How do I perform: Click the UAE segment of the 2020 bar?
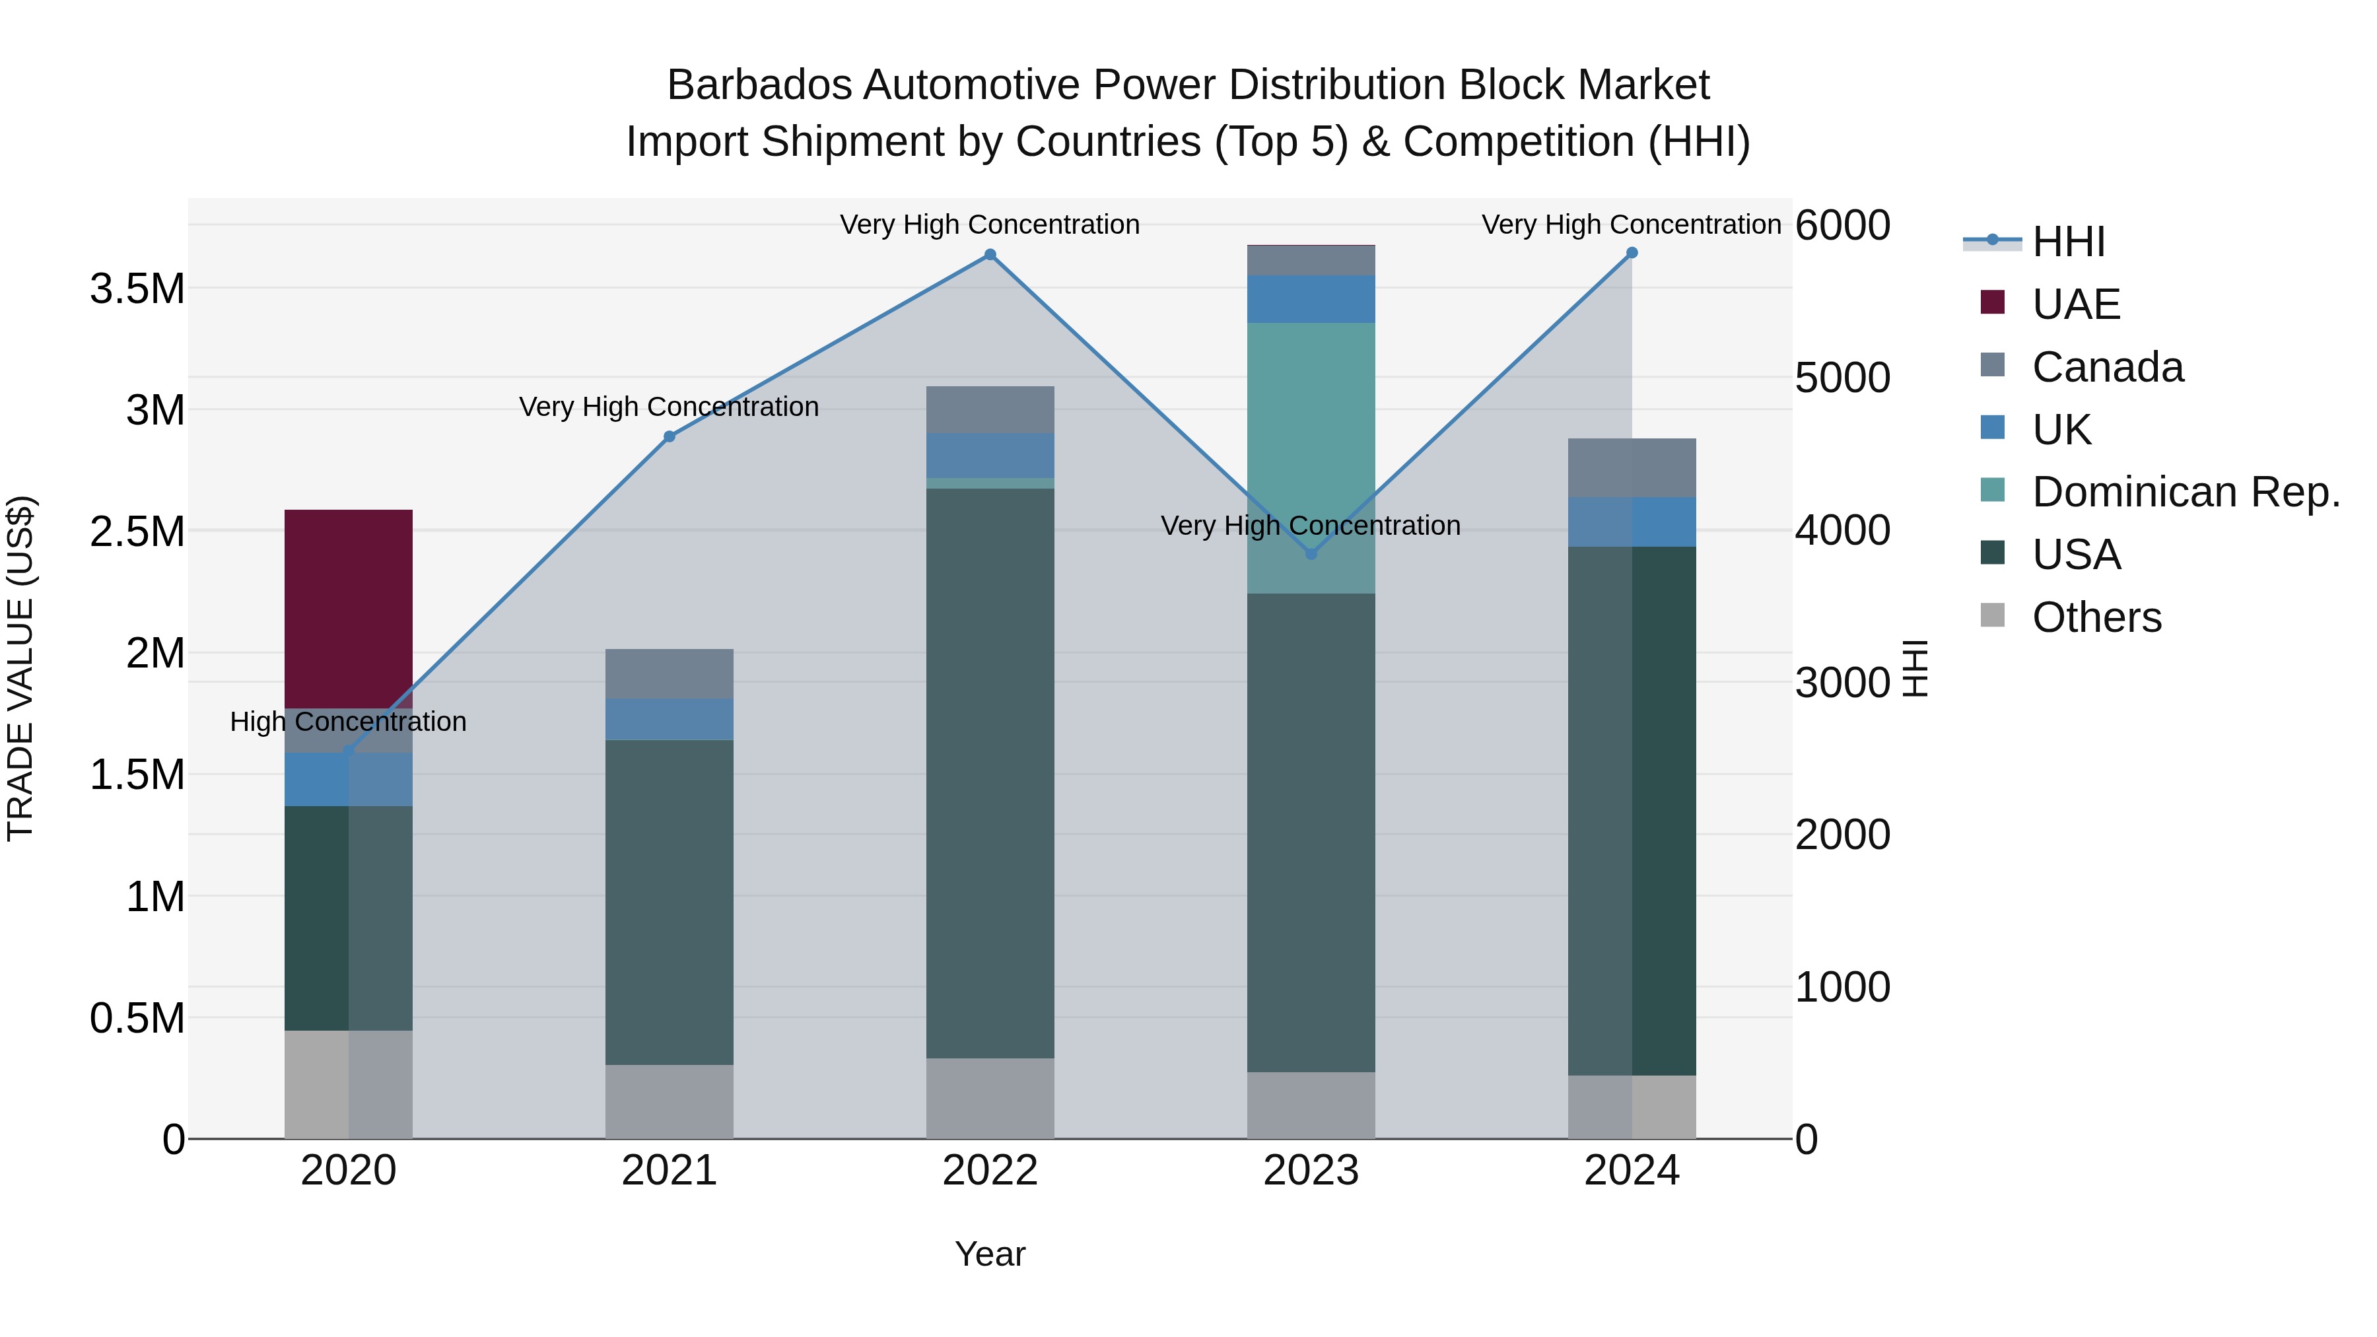pos(348,608)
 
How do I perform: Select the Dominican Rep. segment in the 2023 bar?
pos(1310,458)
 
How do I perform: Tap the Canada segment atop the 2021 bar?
pos(669,673)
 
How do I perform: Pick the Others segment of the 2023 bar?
pos(1310,1105)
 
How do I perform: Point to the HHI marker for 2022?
pos(990,255)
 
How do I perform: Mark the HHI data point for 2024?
pos(1632,253)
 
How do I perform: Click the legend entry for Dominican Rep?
pos(2185,492)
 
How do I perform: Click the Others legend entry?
pos(2096,617)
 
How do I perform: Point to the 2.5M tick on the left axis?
pos(137,531)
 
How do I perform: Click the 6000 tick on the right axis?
pos(1842,225)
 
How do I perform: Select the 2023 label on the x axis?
pos(1310,1171)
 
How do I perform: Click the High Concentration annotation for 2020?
pos(348,722)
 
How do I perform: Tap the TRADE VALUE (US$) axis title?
pos(21,668)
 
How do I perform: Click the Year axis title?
pos(990,1254)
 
